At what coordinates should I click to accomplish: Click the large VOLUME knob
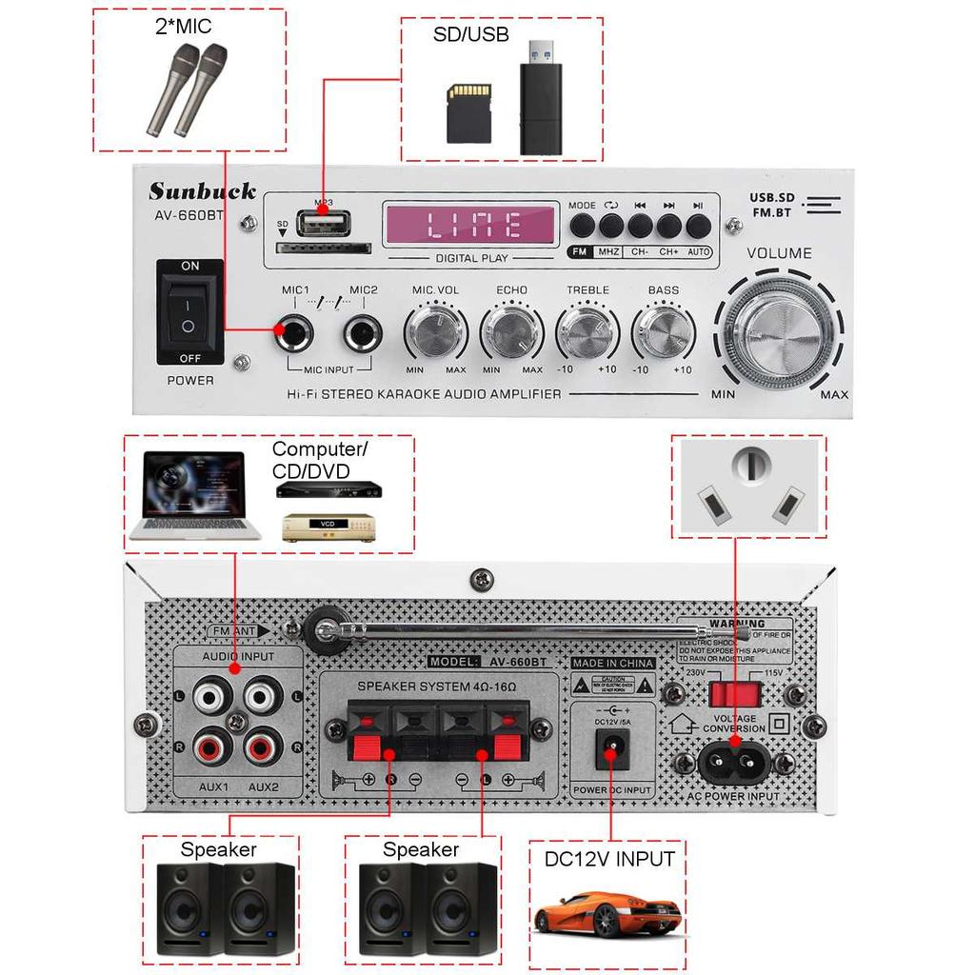point(778,334)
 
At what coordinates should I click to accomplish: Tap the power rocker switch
point(190,311)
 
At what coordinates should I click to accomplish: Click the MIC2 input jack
point(363,333)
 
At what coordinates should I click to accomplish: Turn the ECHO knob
point(511,332)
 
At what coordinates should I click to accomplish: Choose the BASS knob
point(663,332)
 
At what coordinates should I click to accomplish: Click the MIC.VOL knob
point(436,332)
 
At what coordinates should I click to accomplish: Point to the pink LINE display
point(470,225)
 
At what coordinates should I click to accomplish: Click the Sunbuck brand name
point(202,190)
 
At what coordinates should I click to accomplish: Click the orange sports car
point(607,915)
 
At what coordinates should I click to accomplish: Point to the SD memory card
point(469,112)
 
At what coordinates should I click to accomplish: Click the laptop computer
point(196,497)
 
